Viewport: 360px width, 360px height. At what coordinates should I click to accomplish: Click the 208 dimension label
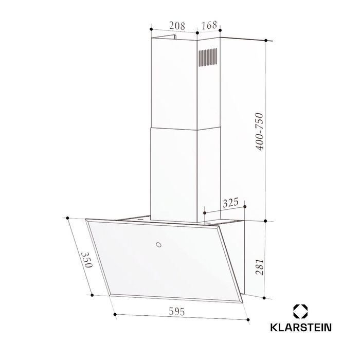coord(177,25)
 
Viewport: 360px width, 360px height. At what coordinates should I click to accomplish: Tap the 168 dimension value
coord(209,25)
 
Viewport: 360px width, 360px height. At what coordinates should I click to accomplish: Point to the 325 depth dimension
coord(230,203)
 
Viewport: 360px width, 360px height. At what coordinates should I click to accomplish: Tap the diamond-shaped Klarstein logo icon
coord(300,310)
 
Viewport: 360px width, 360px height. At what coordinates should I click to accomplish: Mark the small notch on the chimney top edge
coord(174,37)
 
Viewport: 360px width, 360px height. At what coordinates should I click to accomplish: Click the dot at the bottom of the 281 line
coord(265,297)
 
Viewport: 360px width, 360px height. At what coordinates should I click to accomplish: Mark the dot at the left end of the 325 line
coord(205,211)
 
